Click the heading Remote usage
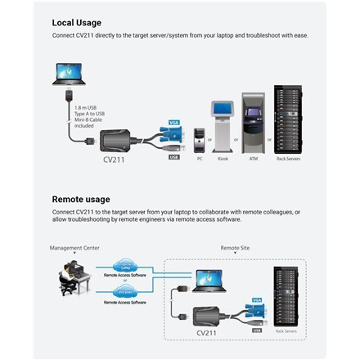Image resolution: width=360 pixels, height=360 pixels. [x=80, y=198]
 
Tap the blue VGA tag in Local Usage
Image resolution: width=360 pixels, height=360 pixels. [x=173, y=124]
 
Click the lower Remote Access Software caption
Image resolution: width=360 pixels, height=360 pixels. [x=124, y=302]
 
